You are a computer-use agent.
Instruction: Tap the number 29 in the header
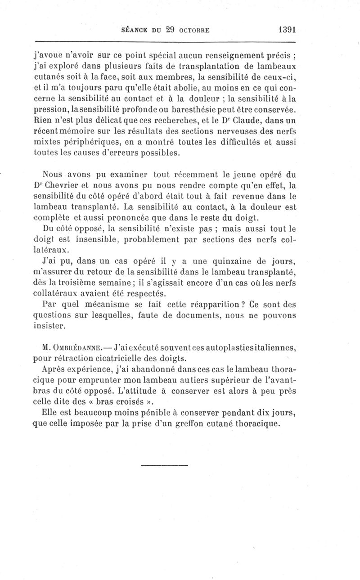[169, 30]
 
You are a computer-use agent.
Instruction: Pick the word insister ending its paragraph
[49, 325]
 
